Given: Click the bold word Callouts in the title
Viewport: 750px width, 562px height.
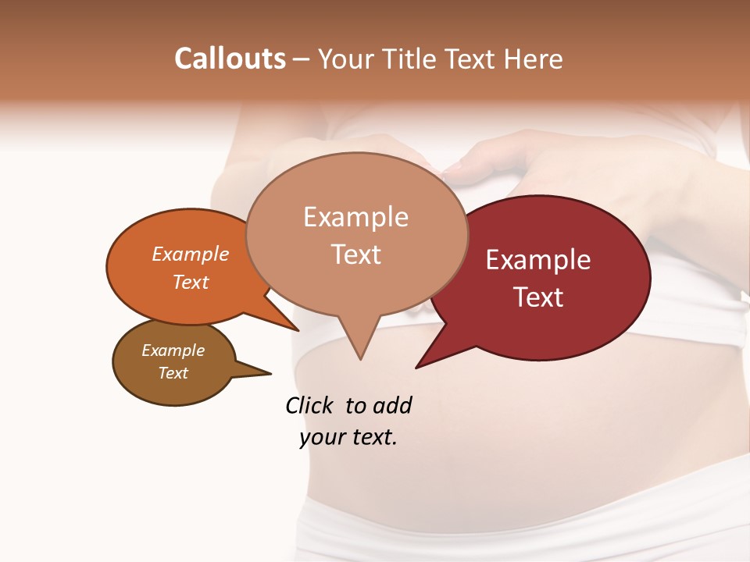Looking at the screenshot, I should pyautogui.click(x=230, y=59).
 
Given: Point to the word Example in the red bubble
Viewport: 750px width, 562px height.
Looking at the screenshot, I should pyautogui.click(x=538, y=260).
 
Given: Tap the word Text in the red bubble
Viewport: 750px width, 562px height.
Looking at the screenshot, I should pyautogui.click(x=538, y=297).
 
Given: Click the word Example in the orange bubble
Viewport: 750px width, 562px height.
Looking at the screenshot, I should pyautogui.click(x=190, y=254).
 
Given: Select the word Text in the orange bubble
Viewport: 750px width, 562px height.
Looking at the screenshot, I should pyautogui.click(x=190, y=283).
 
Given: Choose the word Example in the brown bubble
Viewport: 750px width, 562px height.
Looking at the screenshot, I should pyautogui.click(x=173, y=350).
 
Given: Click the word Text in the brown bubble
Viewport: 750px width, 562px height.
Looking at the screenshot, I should pyautogui.click(x=173, y=373).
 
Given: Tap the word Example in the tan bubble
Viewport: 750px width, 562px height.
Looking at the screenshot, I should pyautogui.click(x=355, y=217).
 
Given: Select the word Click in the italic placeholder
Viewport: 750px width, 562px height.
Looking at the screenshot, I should pyautogui.click(x=309, y=406).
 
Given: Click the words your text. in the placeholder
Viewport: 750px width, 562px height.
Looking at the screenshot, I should pyautogui.click(x=348, y=438).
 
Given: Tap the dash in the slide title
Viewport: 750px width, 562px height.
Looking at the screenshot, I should pyautogui.click(x=302, y=59).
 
